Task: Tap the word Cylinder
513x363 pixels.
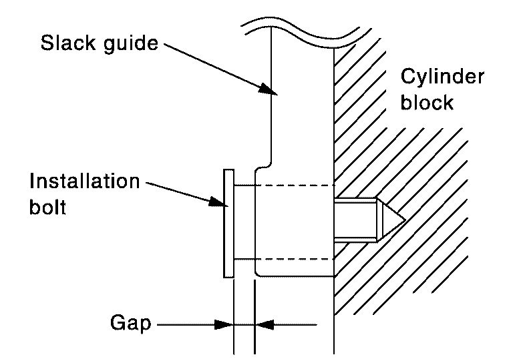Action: tap(442, 77)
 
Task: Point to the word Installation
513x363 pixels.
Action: tap(85, 181)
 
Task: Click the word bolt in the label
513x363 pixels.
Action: tap(48, 208)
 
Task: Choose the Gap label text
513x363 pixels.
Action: tap(130, 325)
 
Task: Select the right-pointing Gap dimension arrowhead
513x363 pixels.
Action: tap(226, 325)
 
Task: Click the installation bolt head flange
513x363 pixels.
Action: tap(228, 222)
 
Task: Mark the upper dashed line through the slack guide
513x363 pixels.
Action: tap(294, 185)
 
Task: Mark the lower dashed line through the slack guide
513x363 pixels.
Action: tap(294, 259)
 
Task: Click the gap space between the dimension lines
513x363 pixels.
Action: tap(244, 325)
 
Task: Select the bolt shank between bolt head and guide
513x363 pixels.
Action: tap(244, 222)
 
